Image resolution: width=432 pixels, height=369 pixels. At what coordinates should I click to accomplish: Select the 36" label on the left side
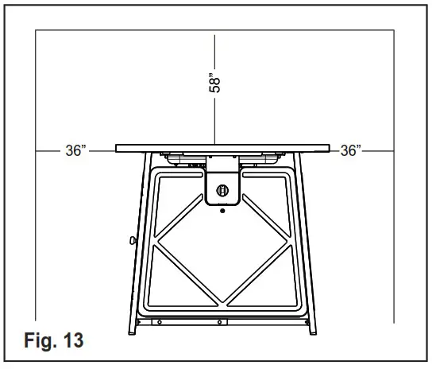pos(75,150)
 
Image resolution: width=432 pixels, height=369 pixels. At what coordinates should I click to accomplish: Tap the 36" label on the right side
pos(350,150)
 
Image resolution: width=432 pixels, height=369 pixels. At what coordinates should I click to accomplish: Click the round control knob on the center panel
pos(222,190)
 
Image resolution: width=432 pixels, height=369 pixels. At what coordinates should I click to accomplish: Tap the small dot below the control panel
pos(222,212)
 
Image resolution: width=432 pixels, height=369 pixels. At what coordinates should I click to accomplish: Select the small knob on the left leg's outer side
pos(130,239)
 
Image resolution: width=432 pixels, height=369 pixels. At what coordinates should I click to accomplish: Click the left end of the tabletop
pos(118,148)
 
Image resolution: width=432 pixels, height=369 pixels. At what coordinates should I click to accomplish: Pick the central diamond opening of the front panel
pos(222,254)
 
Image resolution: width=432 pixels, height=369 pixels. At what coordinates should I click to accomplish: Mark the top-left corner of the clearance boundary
pos(37,32)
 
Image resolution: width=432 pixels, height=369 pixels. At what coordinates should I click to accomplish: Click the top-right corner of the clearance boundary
pos(395,32)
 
